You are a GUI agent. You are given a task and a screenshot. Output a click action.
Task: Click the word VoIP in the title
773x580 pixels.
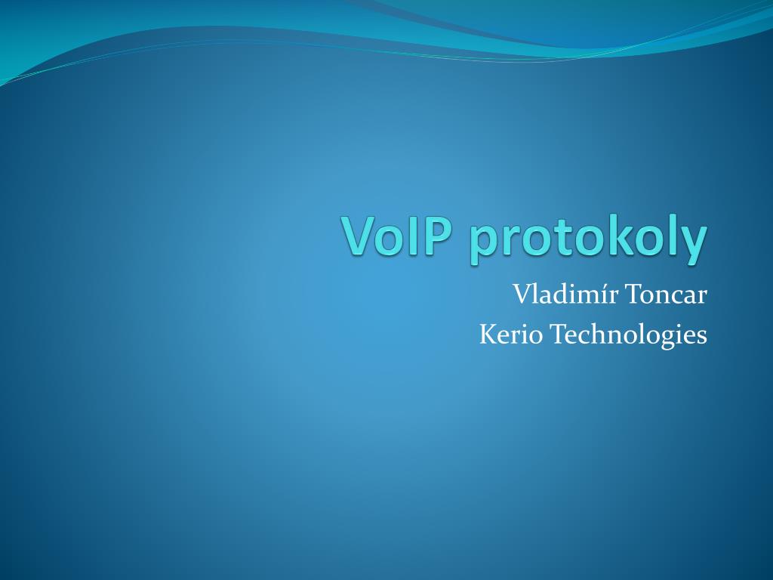coord(396,235)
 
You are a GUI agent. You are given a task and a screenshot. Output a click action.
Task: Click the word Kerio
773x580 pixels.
coord(511,334)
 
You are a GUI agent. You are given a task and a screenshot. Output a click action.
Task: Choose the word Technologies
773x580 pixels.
coord(629,335)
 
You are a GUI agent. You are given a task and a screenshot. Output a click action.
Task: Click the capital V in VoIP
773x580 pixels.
coord(359,236)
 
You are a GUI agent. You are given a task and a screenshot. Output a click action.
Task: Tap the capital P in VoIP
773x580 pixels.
coord(437,236)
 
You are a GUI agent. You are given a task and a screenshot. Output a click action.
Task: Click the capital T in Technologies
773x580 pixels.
coord(559,335)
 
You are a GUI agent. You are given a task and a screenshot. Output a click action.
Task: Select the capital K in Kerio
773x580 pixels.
coord(488,335)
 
